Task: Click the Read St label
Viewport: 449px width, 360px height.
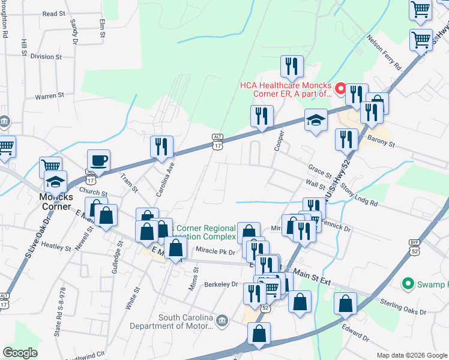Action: click(x=54, y=13)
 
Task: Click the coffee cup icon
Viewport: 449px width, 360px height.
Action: click(x=98, y=161)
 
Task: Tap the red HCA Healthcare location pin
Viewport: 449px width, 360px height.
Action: click(x=340, y=89)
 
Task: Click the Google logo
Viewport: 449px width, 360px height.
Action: click(x=20, y=353)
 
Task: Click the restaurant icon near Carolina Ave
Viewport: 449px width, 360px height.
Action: click(x=161, y=147)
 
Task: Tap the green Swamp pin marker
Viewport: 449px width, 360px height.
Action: click(x=409, y=283)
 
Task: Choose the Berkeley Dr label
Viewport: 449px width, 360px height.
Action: click(x=221, y=284)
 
